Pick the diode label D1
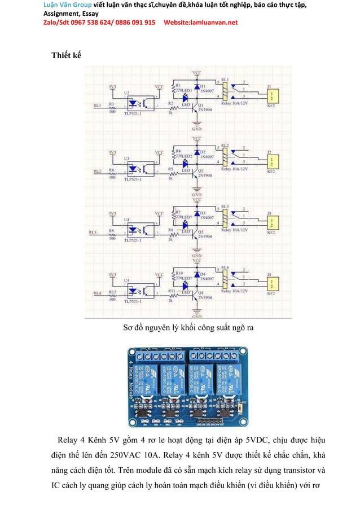(203, 86)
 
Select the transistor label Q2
(201, 170)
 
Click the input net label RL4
(97, 293)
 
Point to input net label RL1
(97, 105)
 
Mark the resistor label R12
(113, 292)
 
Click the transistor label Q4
(201, 292)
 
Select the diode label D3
(203, 212)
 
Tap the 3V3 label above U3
(113, 152)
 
